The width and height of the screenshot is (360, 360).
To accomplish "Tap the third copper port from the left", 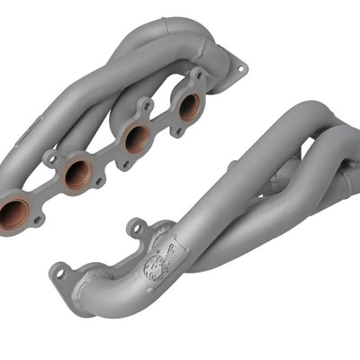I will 136,138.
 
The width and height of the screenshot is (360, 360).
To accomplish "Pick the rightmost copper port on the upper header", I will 189,106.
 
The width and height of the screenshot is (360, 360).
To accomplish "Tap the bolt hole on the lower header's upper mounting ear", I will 136,225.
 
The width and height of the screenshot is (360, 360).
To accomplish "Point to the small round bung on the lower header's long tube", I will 231,165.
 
